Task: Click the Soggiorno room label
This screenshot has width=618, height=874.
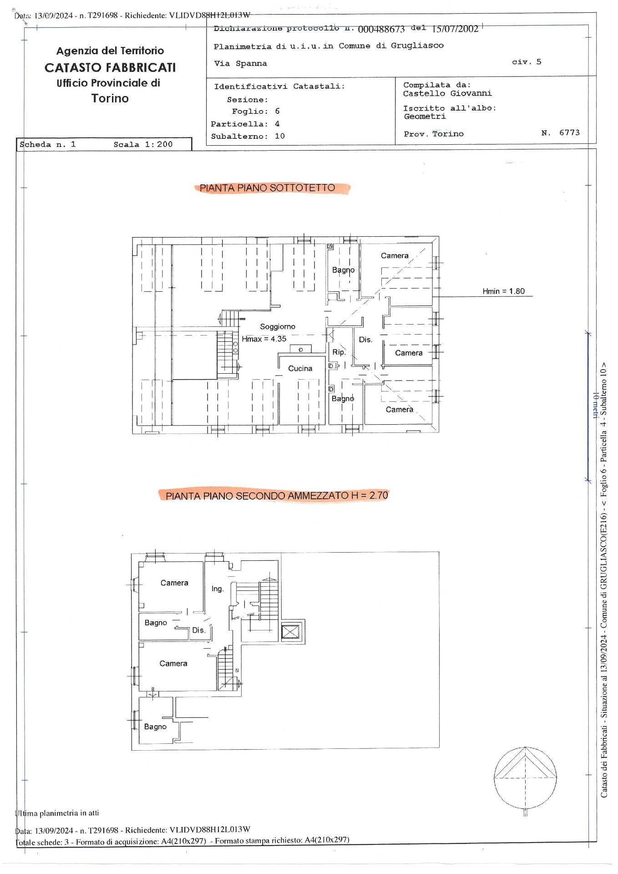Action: click(x=278, y=326)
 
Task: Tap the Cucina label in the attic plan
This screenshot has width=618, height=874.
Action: click(x=300, y=368)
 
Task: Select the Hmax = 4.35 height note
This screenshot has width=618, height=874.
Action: click(x=264, y=339)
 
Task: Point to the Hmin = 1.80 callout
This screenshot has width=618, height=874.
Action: click(x=504, y=291)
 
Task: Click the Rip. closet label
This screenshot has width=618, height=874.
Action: click(x=339, y=352)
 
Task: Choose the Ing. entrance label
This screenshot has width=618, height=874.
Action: click(x=218, y=589)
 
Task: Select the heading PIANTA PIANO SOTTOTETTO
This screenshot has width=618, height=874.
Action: click(x=267, y=188)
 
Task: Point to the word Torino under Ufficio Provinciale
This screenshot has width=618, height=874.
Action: click(x=110, y=98)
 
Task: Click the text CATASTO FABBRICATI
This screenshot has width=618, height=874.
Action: click(x=110, y=68)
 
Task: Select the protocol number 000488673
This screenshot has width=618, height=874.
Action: click(x=381, y=30)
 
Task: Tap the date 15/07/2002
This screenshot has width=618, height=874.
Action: click(x=455, y=29)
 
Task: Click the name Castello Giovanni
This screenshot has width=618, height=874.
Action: click(x=447, y=93)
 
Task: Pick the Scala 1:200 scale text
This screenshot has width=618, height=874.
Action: click(x=143, y=144)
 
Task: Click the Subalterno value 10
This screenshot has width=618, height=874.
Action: click(x=280, y=136)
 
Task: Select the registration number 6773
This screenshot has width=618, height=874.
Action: click(x=569, y=132)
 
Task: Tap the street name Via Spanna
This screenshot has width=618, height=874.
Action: click(x=241, y=64)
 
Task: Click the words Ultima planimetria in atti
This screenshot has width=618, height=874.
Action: click(x=57, y=813)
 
